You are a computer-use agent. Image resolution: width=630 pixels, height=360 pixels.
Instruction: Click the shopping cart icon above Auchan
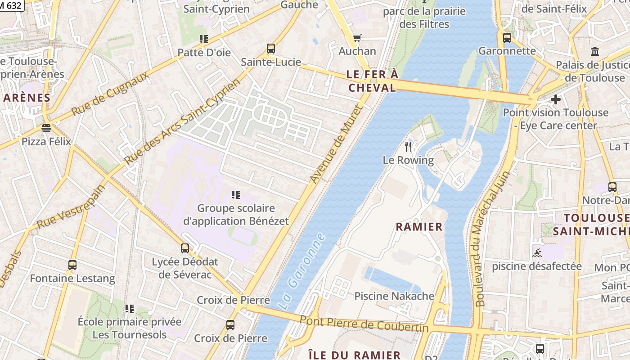point(357,38)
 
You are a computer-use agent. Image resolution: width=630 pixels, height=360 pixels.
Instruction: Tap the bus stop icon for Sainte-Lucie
point(271,49)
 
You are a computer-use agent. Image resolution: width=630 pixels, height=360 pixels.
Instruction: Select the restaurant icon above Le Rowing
point(408,146)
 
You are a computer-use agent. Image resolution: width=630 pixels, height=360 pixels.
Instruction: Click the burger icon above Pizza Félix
point(46,128)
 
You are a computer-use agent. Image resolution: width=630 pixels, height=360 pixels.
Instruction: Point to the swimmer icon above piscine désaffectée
point(536,253)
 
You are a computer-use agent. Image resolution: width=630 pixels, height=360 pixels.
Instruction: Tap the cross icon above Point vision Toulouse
point(556,99)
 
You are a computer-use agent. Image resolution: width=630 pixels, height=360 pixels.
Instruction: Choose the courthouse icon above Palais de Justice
point(595,52)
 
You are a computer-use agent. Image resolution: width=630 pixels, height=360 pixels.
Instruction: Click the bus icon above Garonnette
point(507,38)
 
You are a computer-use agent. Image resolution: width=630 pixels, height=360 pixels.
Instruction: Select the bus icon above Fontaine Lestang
point(72,265)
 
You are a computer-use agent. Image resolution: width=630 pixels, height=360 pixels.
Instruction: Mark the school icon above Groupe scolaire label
point(236,195)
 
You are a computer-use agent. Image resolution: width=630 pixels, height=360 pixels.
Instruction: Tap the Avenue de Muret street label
point(336,144)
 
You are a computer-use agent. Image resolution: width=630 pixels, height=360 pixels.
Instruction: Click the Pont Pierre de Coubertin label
point(364,324)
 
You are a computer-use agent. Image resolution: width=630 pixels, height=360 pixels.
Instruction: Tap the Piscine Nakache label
point(394,296)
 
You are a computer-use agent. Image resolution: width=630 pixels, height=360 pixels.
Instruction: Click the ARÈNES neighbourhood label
point(27,98)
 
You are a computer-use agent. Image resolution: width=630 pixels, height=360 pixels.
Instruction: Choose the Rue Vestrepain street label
point(71,206)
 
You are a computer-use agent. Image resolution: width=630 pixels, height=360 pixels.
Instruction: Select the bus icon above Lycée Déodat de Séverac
point(185,248)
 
